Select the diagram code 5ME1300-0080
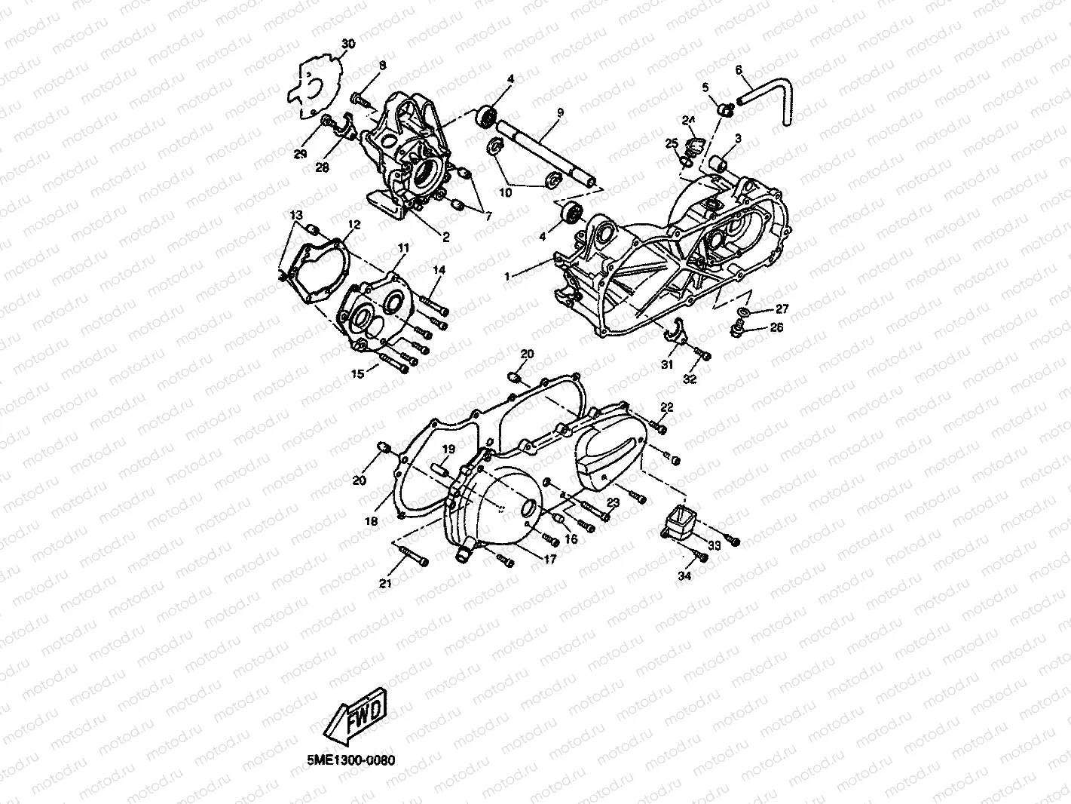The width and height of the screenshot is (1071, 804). pyautogui.click(x=350, y=760)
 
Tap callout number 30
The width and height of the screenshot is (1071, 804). pyautogui.click(x=347, y=44)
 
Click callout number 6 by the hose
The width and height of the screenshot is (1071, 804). pyautogui.click(x=739, y=70)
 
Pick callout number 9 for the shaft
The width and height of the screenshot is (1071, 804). pyautogui.click(x=560, y=113)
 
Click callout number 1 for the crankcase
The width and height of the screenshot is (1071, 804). pyautogui.click(x=508, y=277)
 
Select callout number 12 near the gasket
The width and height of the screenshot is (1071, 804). pyautogui.click(x=353, y=225)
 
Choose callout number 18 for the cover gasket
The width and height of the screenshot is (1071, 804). pyautogui.click(x=371, y=520)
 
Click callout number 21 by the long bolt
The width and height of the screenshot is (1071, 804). pyautogui.click(x=385, y=584)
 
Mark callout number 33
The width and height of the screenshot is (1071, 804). pyautogui.click(x=715, y=545)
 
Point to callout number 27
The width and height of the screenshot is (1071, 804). pyautogui.click(x=782, y=308)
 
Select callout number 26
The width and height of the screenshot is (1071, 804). pyautogui.click(x=776, y=327)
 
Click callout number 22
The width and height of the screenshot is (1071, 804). pyautogui.click(x=666, y=407)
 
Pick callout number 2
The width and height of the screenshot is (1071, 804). pyautogui.click(x=445, y=237)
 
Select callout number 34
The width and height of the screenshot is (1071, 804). pyautogui.click(x=684, y=576)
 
